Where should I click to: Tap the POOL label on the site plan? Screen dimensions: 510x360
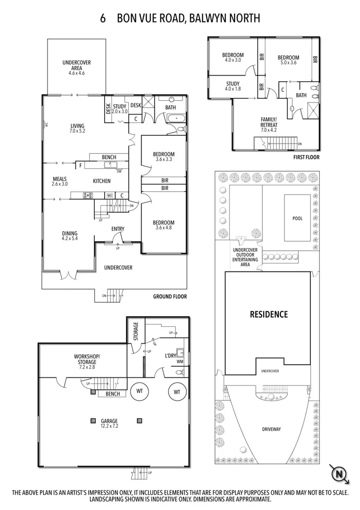[297, 218]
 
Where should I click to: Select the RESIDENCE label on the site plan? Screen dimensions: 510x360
[268, 314]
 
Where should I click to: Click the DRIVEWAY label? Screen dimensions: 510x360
[271, 429]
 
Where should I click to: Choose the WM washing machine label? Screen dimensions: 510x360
[179, 362]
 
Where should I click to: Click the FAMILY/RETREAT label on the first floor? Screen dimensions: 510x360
[269, 122]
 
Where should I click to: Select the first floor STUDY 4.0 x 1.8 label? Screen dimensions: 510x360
[233, 86]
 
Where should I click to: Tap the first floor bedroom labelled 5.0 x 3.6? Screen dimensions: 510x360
[288, 59]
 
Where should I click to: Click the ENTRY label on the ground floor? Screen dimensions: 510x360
[117, 229]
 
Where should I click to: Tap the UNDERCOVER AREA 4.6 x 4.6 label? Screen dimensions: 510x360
[76, 68]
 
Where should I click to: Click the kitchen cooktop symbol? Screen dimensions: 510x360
[88, 195]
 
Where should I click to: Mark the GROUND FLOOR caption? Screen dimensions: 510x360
[170, 297]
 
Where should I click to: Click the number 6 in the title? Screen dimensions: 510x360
[102, 18]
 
